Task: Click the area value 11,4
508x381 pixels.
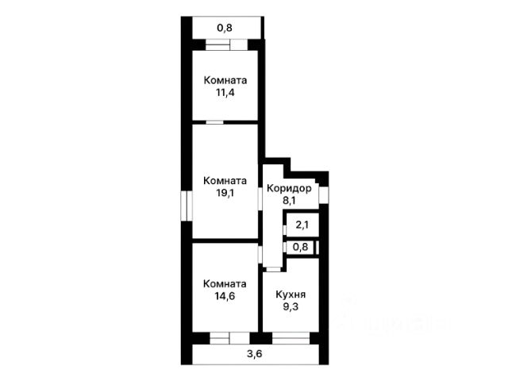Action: [x=225, y=93]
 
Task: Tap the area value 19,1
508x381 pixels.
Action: [x=225, y=193]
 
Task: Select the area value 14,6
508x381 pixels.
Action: [x=225, y=296]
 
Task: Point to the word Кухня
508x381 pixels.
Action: [x=291, y=294]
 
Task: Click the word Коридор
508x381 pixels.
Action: [x=289, y=188]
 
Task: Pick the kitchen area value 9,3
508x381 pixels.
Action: [x=291, y=306]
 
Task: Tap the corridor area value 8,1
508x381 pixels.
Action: [x=289, y=201]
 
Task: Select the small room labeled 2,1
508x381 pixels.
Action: [x=302, y=225]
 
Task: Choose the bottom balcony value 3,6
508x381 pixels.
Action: [x=255, y=354]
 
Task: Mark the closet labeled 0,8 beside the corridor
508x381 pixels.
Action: [x=300, y=247]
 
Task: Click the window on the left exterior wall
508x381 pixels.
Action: [x=187, y=206]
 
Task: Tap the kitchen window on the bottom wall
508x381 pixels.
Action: [x=291, y=338]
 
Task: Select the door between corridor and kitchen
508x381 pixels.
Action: [x=273, y=269]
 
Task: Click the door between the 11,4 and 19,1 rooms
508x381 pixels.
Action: [x=215, y=122]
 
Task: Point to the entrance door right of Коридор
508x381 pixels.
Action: [x=323, y=194]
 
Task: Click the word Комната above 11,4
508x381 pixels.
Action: [x=225, y=80]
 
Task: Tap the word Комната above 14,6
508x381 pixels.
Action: [x=225, y=284]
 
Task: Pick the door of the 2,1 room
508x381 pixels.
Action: [x=284, y=230]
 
